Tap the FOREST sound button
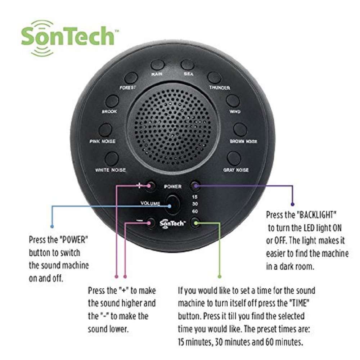[x=131, y=78]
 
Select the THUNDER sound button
[x=214, y=77]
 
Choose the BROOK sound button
[x=112, y=101]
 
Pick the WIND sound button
[x=233, y=101]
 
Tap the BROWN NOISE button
[x=240, y=130]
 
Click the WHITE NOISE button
[x=112, y=158]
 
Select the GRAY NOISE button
[x=234, y=158]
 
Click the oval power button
[x=173, y=204]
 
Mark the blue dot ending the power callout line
[x=52, y=226]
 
